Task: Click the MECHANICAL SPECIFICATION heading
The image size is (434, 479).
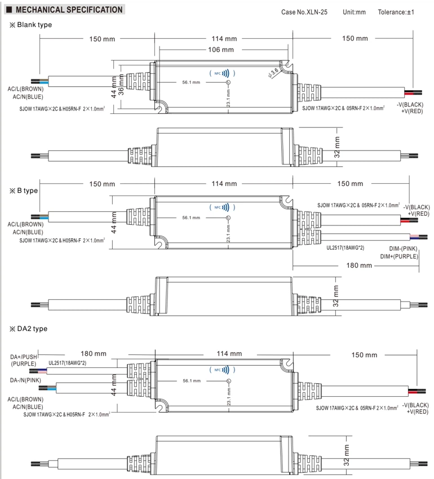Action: tap(69, 10)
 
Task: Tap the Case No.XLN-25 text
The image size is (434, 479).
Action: tap(304, 12)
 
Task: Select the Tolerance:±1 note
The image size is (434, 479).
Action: tap(396, 12)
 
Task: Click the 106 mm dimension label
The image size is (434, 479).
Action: tap(221, 50)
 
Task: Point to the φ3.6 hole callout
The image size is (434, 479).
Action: tap(273, 73)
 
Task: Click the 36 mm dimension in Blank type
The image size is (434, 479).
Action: tap(121, 85)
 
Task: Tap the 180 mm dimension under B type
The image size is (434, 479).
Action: tap(359, 265)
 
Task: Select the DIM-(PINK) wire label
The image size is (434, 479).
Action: tap(403, 249)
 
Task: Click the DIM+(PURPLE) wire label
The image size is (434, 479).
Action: tap(399, 256)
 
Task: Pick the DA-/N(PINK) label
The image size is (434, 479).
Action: tap(25, 380)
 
